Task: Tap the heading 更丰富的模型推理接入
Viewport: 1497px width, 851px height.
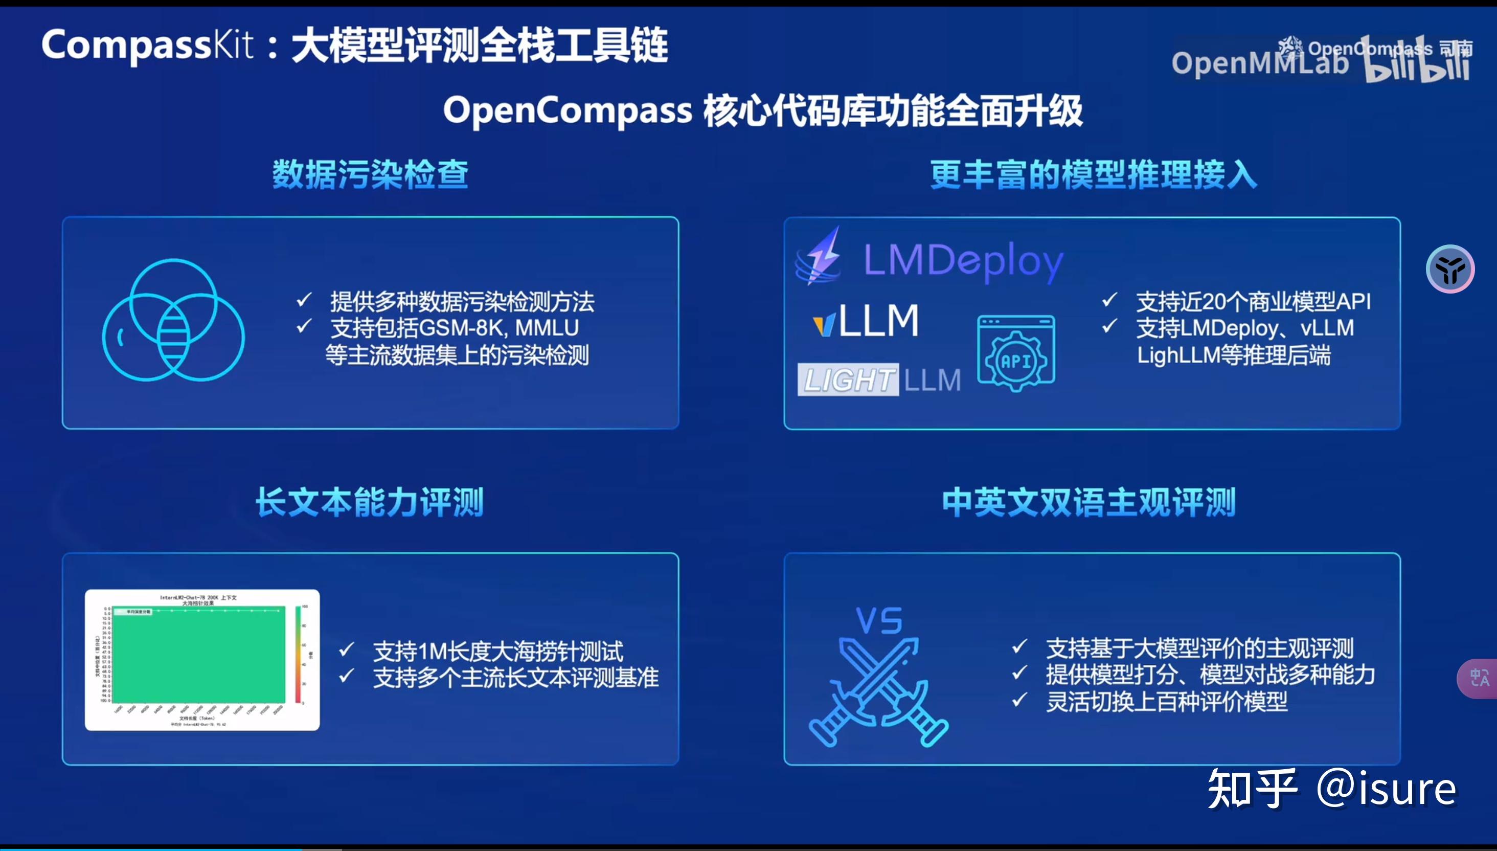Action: [1093, 174]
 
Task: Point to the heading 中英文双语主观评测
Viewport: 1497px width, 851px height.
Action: [1088, 502]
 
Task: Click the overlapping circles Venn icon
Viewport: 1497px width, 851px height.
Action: [173, 320]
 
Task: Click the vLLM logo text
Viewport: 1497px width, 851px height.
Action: [867, 321]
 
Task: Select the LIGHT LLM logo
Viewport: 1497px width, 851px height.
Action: [879, 380]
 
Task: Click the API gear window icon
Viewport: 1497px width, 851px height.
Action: [1016, 353]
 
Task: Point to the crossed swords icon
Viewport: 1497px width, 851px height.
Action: [878, 692]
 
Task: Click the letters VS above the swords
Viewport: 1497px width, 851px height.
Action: [879, 621]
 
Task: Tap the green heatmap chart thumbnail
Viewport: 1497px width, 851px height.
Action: [202, 660]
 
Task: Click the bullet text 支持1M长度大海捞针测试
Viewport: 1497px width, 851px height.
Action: [498, 651]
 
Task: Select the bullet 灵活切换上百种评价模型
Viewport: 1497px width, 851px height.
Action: [1166, 701]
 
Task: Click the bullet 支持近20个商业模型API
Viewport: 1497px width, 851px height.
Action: [1253, 302]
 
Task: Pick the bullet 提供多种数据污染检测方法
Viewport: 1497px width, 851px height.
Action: [462, 302]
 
